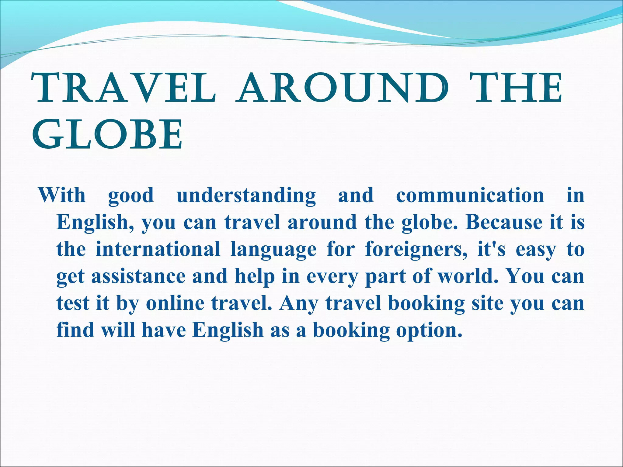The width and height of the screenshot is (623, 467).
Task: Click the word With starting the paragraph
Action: click(62, 195)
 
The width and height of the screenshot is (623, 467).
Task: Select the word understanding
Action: click(246, 195)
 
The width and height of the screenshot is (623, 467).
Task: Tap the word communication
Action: click(470, 195)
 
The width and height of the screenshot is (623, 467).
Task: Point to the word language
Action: click(273, 250)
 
